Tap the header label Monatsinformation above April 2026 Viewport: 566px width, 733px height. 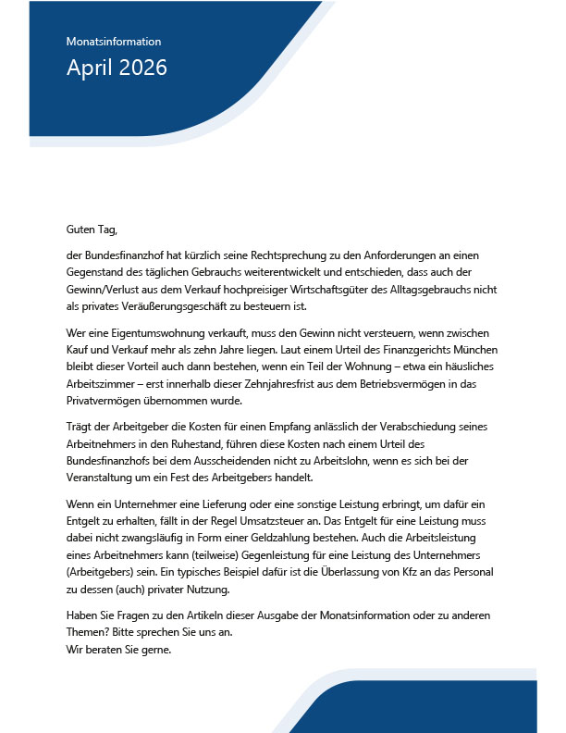114,42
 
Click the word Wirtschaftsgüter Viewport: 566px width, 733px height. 363,289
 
